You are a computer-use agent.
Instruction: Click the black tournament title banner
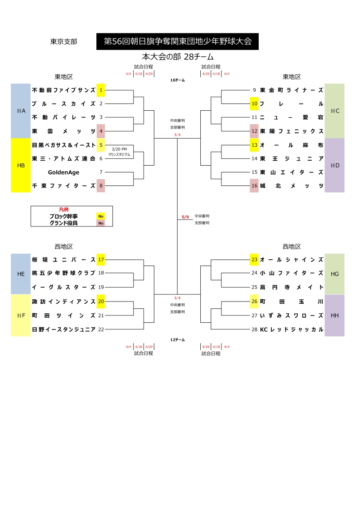point(177,41)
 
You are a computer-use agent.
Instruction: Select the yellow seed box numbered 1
point(101,90)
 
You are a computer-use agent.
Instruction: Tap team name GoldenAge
point(63,172)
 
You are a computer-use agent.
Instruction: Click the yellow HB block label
point(21,165)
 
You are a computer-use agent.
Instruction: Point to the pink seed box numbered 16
point(254,185)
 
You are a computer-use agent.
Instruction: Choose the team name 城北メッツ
point(292,185)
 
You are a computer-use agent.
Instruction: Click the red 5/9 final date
point(185,217)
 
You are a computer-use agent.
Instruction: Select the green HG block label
point(334,274)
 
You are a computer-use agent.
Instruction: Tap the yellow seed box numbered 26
point(254,302)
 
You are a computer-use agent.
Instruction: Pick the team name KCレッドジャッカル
point(292,329)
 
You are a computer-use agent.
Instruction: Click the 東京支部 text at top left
point(63,41)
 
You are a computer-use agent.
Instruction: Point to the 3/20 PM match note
point(119,151)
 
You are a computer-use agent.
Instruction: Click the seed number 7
point(101,172)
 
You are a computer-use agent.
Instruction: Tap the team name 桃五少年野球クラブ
point(63,273)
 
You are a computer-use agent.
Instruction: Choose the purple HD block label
point(334,165)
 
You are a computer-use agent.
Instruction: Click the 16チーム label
point(177,80)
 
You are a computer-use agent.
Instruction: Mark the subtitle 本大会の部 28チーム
point(177,57)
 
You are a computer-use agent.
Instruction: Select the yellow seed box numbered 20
point(101,302)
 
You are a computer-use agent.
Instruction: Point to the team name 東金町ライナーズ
point(292,90)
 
